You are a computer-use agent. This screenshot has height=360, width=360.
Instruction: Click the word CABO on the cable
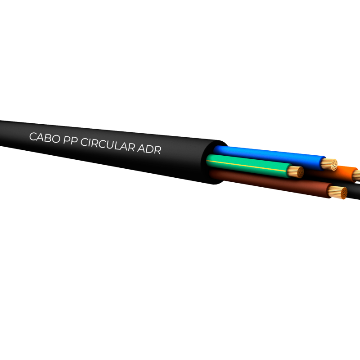coord(45,138)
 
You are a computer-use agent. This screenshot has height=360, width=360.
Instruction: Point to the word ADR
coord(149,149)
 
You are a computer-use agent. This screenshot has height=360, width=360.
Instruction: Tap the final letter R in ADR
coord(157,150)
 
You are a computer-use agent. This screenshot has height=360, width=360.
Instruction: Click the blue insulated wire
coord(269,156)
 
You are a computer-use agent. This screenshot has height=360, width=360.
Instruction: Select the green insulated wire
coord(248,164)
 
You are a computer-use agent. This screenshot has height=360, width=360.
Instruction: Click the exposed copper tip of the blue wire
coord(329,165)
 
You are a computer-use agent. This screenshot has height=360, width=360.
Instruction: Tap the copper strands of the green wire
coord(296,172)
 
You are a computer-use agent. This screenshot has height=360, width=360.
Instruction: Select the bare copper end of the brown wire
coord(338,193)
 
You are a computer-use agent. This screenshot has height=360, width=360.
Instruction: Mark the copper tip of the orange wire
coord(356,175)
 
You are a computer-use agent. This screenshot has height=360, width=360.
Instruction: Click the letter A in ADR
coord(141,148)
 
